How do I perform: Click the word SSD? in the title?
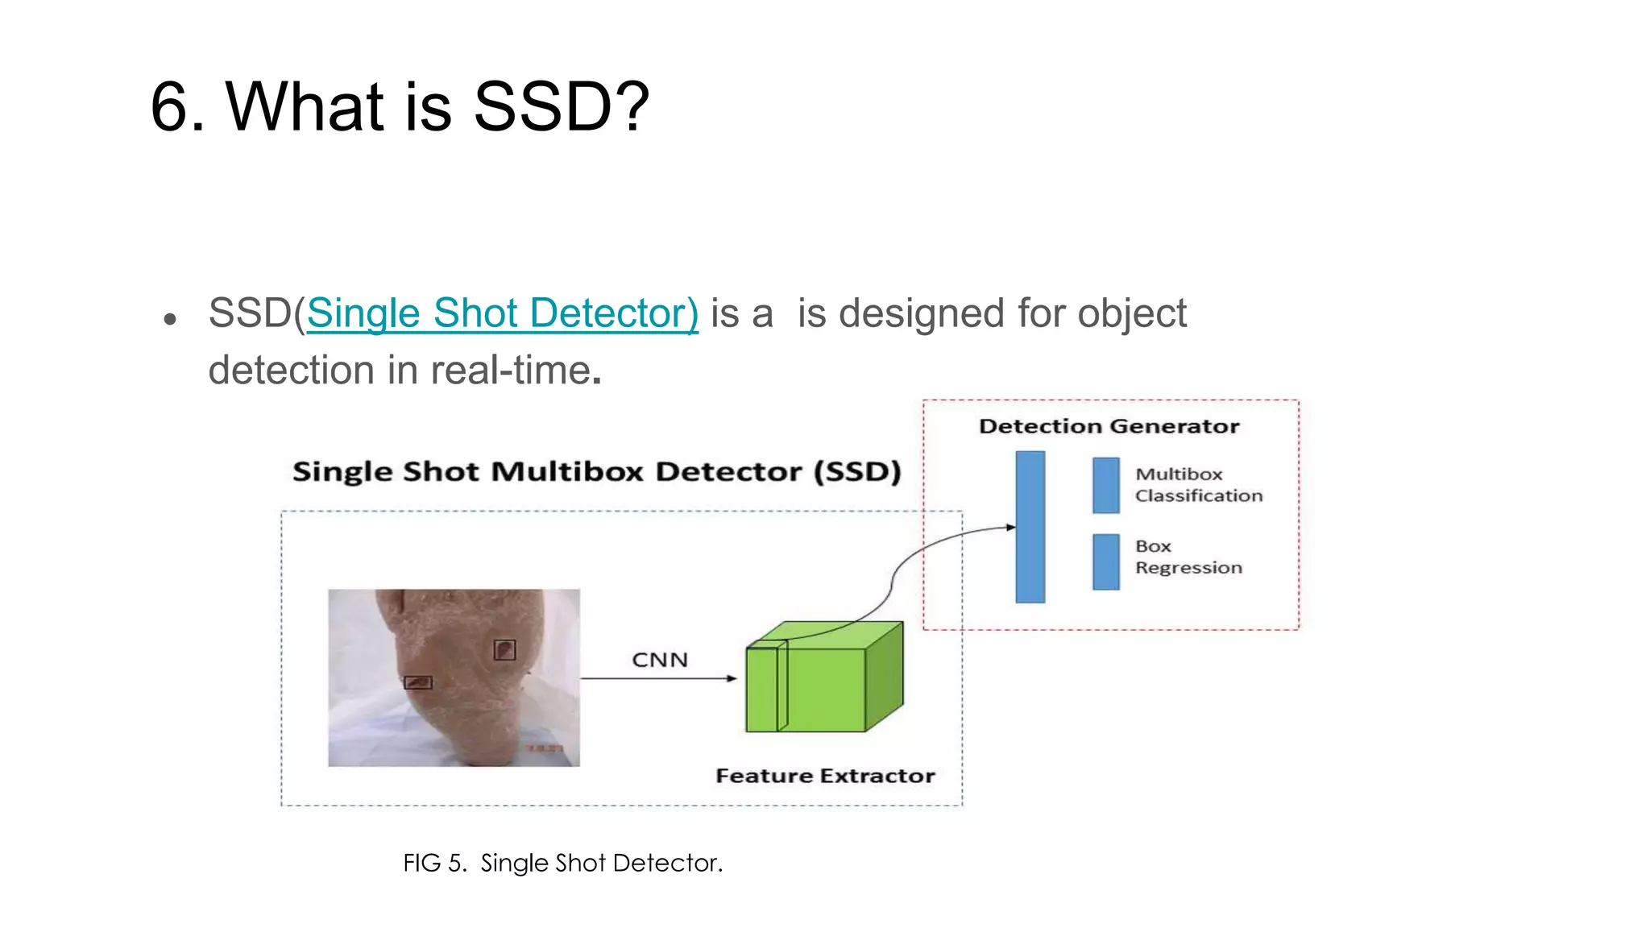point(561,107)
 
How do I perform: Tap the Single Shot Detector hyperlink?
point(502,313)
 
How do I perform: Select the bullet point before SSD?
point(170,320)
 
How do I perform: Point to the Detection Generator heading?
point(1109,426)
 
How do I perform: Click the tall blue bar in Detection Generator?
point(1030,527)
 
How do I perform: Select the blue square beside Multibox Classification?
point(1105,485)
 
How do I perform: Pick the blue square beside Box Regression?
point(1105,561)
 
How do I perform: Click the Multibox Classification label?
point(1198,485)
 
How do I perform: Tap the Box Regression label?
point(1188,557)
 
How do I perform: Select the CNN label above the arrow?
point(659,660)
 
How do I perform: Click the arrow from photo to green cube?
point(657,678)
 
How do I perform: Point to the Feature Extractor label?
point(825,776)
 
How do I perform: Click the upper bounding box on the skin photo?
point(504,649)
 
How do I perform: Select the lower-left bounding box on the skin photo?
point(417,682)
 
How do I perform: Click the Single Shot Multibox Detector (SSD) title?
point(596,471)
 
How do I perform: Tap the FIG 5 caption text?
point(562,863)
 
